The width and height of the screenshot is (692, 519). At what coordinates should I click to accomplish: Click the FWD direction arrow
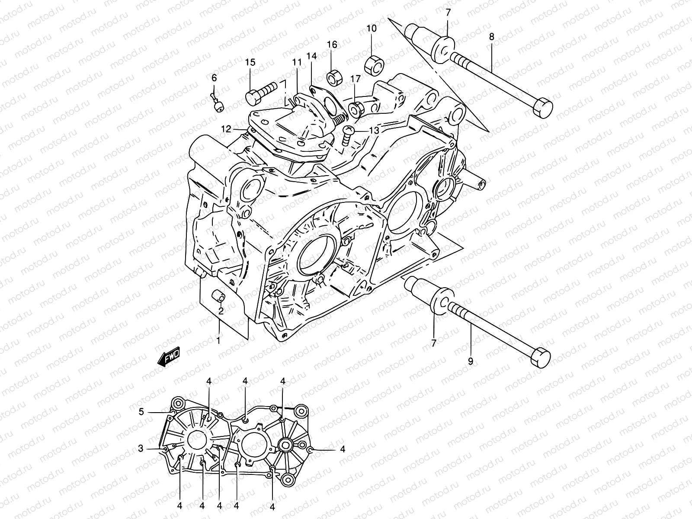[x=169, y=357]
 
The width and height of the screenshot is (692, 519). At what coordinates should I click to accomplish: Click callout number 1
[x=218, y=340]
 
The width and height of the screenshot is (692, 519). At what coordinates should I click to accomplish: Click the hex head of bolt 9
[x=541, y=357]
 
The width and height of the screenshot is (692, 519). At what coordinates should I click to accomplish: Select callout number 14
[x=312, y=56]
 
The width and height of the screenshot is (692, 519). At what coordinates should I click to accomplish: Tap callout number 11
[x=297, y=62]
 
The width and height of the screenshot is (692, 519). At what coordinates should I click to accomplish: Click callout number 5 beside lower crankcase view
[x=141, y=412]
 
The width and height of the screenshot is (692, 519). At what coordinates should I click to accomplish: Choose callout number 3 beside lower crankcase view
[x=141, y=449]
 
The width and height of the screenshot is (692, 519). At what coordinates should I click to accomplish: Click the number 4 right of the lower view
[x=343, y=449]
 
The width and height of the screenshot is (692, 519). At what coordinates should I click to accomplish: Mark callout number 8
[x=491, y=37]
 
